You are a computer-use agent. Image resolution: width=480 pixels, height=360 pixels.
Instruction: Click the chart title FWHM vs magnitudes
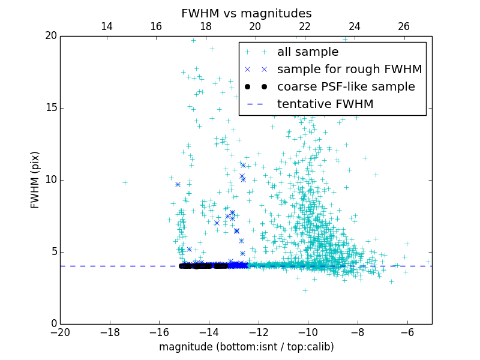[x=246, y=13]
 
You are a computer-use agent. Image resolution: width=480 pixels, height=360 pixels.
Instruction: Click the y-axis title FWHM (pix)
[x=35, y=180]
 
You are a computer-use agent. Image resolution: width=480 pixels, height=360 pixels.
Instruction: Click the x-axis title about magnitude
[x=246, y=347]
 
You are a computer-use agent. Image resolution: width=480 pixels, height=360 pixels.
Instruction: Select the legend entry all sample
[x=308, y=52]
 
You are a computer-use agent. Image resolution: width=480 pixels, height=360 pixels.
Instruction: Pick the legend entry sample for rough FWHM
[x=349, y=69]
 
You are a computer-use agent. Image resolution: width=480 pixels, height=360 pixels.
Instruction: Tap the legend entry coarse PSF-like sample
[x=346, y=86]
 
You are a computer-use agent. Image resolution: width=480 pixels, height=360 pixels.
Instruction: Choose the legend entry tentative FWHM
[x=325, y=104]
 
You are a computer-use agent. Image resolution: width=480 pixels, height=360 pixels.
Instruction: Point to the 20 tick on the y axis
[x=50, y=36]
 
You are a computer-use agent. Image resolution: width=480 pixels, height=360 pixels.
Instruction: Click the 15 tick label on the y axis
[x=50, y=108]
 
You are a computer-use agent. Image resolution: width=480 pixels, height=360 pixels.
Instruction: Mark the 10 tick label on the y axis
[x=50, y=180]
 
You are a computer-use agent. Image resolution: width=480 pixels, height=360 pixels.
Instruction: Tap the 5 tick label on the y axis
[x=53, y=252]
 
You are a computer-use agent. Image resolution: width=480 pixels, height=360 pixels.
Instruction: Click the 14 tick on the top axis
[x=106, y=26]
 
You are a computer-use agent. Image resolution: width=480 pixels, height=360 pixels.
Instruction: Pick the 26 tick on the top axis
[x=404, y=26]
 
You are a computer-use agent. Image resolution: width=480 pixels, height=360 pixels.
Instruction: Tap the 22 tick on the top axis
[x=305, y=26]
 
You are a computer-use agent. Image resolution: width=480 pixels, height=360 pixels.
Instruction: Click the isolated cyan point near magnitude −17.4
[x=125, y=182]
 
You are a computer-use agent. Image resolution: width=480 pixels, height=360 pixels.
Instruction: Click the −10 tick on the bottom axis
[x=308, y=332]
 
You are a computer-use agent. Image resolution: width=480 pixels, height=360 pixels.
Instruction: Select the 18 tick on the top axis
[x=205, y=26]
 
